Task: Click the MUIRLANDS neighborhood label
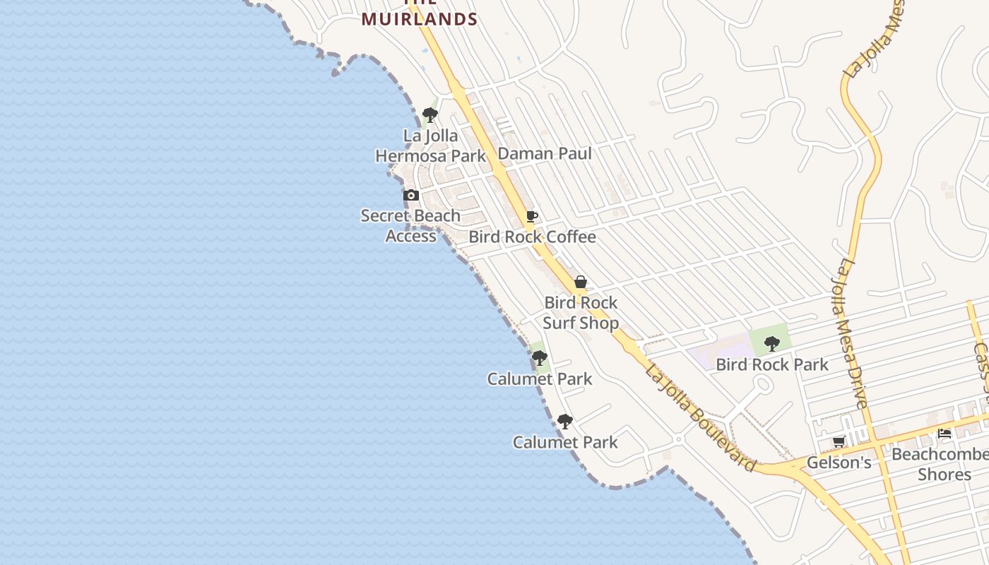[x=420, y=18]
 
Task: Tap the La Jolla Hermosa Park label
[x=430, y=145]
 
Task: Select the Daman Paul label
[x=545, y=153]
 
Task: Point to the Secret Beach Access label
[x=410, y=225]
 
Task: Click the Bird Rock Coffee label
[x=532, y=237]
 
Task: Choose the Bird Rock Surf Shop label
[x=581, y=313]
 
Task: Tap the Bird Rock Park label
[x=771, y=364]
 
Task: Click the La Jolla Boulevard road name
[x=699, y=418]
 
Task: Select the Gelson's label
[x=839, y=463]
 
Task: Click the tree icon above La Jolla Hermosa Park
[x=430, y=115]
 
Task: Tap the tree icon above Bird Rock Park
[x=771, y=344]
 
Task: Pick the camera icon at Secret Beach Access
[x=411, y=195]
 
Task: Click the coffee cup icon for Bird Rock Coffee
[x=532, y=216]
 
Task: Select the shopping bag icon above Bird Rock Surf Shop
[x=581, y=282]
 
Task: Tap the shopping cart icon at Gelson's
[x=839, y=442]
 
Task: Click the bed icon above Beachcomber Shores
[x=944, y=433]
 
